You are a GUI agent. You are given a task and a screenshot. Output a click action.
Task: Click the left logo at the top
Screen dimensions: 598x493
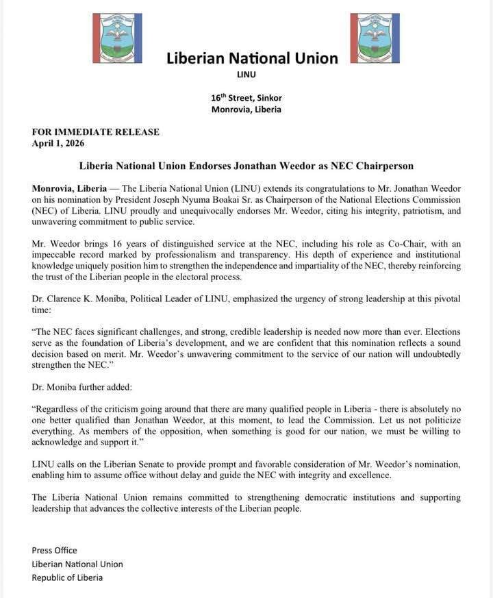coord(117,38)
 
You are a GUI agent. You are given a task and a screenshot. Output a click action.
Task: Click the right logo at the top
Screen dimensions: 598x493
coord(375,38)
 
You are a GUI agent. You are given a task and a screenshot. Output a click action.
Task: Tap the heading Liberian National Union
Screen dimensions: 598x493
coord(252,58)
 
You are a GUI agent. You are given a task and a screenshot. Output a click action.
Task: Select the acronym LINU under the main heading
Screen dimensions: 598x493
coord(246,75)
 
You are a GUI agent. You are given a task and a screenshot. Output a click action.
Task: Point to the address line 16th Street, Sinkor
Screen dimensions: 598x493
coord(246,97)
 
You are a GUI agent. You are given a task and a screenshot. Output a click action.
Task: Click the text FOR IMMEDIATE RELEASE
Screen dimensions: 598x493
coord(95,132)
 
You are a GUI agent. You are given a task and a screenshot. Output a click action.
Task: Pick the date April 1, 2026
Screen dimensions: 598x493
coord(58,143)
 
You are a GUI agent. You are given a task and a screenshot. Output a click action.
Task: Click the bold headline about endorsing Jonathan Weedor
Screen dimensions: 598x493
coord(246,166)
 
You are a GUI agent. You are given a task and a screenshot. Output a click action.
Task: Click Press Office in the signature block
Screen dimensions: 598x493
coord(54,550)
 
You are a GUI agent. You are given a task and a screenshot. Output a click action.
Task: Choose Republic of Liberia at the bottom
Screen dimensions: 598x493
coord(67,577)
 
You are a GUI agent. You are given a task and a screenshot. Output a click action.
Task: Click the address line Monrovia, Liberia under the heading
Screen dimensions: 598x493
coord(246,110)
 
